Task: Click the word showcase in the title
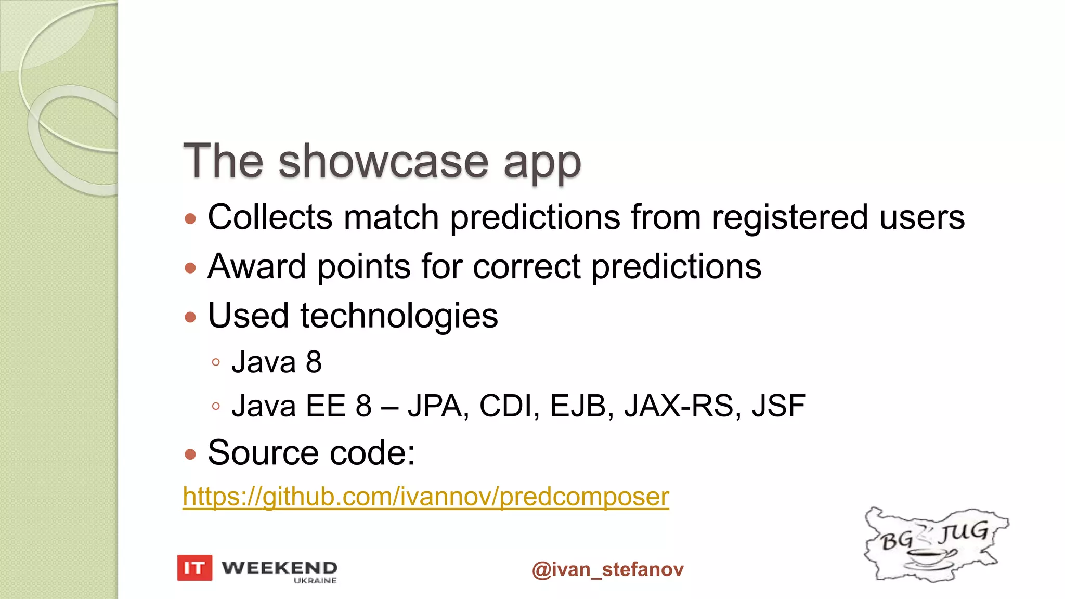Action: (383, 161)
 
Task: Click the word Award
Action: (257, 267)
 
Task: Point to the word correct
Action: (526, 267)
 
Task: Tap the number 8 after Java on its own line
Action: (314, 362)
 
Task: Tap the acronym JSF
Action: (778, 406)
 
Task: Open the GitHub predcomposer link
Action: (425, 497)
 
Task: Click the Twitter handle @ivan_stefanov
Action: (607, 569)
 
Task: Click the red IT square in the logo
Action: (194, 568)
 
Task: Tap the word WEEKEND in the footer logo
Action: (279, 567)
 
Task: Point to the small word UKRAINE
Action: (315, 581)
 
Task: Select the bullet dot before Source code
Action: (190, 454)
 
